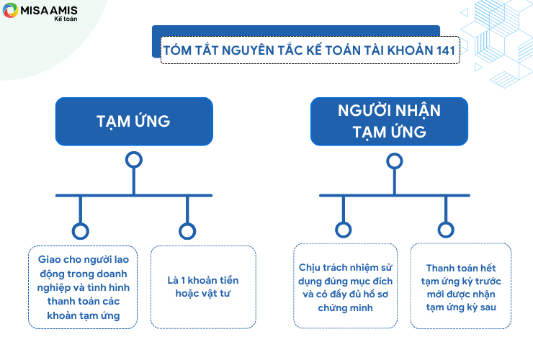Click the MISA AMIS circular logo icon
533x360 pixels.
tap(10, 10)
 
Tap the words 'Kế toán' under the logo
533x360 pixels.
tap(66, 19)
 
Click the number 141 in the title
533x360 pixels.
tap(446, 50)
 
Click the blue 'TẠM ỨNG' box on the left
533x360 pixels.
tap(134, 122)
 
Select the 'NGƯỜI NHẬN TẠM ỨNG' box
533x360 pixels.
tap(389, 122)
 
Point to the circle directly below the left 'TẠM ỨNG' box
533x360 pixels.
tap(134, 160)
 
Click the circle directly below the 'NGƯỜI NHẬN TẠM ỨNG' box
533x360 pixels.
tap(394, 161)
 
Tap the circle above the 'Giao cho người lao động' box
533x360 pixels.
tap(81, 231)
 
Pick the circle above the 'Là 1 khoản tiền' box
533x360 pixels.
tap(187, 231)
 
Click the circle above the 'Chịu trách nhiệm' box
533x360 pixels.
tap(344, 230)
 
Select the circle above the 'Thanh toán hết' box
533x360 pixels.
tap(446, 230)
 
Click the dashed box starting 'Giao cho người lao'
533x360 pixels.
tap(83, 287)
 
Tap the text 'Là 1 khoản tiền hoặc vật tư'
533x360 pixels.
tap(203, 287)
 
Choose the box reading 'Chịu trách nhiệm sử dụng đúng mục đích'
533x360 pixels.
tap(345, 286)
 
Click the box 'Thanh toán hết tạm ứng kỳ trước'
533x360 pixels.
tap(461, 286)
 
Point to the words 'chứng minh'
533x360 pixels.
tap(345, 308)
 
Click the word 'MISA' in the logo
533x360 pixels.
tap(34, 11)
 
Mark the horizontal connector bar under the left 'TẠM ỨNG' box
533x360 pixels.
tap(134, 195)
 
